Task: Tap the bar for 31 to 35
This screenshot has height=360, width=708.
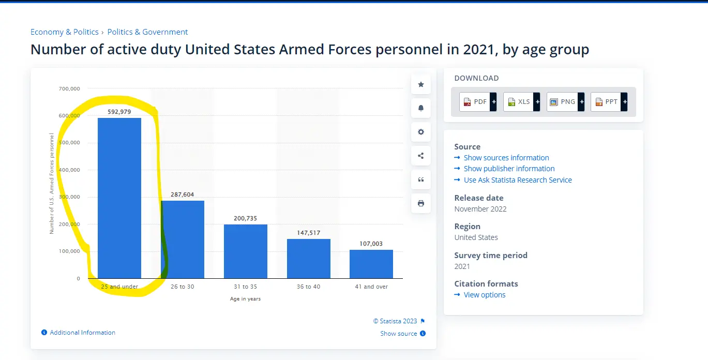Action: coord(246,251)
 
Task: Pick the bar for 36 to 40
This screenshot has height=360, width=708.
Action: coord(309,259)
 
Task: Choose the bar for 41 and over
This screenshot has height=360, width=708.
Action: coord(371,264)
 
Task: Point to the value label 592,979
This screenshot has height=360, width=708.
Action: coord(119,112)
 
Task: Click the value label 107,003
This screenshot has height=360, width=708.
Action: coord(371,244)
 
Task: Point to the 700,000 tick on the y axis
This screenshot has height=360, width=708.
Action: coord(70,89)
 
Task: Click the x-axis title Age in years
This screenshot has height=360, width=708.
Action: coord(245,299)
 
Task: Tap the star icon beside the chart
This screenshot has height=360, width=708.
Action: coord(421,84)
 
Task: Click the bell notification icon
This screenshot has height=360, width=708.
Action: coord(421,108)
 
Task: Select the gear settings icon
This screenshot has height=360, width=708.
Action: coord(421,132)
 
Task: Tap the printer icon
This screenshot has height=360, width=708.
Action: coord(421,203)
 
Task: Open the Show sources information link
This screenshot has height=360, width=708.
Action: coord(506,158)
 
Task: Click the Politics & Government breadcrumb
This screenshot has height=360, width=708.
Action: coord(147,32)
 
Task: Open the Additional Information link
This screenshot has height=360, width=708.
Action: coord(82,333)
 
